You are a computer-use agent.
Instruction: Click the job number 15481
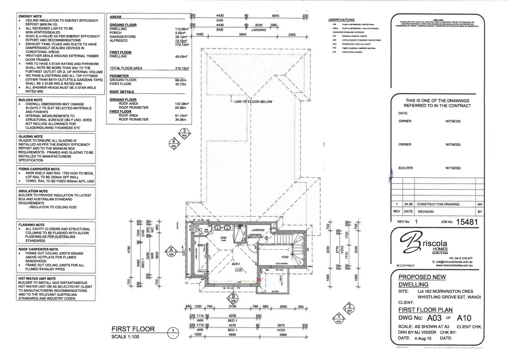coord(467,222)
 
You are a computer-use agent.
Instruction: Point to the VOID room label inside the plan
coord(285,257)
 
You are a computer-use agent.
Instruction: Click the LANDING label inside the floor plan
coord(258,230)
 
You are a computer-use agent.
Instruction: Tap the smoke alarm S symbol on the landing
coord(266,238)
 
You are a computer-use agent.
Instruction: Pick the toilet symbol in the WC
coord(199,229)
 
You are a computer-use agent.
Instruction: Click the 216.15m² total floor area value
coord(182,68)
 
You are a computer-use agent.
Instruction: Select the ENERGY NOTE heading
coord(30,16)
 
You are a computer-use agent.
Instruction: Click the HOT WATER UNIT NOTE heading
coord(37,278)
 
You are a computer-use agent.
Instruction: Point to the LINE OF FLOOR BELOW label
coord(253,102)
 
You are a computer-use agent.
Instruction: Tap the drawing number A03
coord(434,318)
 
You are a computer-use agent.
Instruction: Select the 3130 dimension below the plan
coord(232,306)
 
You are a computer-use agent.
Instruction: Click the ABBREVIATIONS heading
coord(341,20)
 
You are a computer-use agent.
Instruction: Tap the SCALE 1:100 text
coord(125,337)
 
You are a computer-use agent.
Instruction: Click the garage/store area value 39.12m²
coord(181,37)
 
